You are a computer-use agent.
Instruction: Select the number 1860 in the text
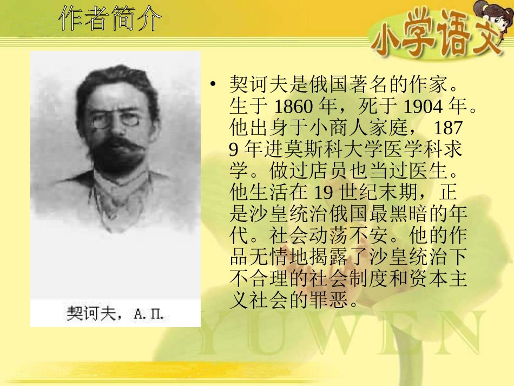[293, 107]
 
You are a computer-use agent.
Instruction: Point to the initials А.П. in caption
[148, 315]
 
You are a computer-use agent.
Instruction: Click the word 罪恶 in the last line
[338, 300]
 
